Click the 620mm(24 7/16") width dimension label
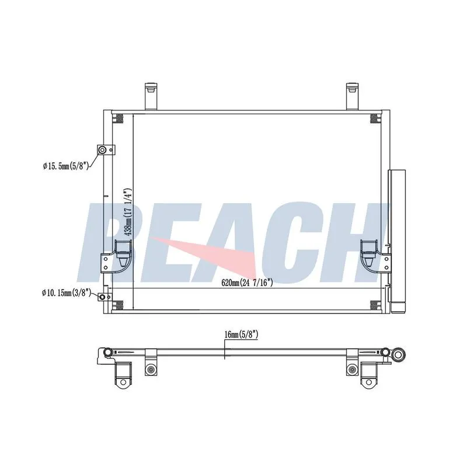point(247,283)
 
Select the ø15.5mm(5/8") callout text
point(66,166)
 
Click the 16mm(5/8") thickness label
point(241,334)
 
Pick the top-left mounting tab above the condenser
point(151,96)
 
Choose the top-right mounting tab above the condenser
point(353,96)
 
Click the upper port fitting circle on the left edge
point(102,149)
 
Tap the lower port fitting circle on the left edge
point(102,297)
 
